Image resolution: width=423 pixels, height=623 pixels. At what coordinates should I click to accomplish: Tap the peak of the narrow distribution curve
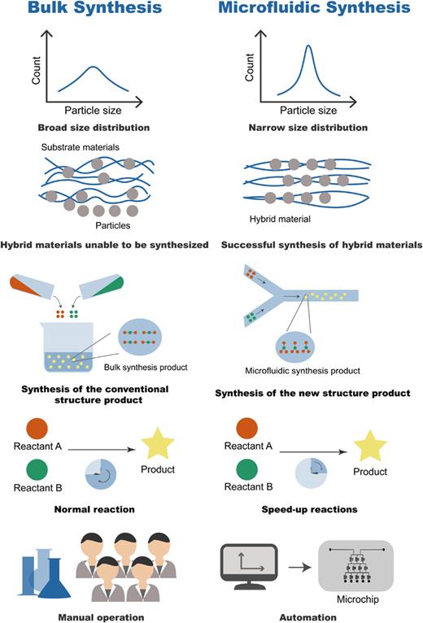click(309, 46)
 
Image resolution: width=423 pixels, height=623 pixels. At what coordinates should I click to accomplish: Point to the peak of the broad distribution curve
click(96, 68)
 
